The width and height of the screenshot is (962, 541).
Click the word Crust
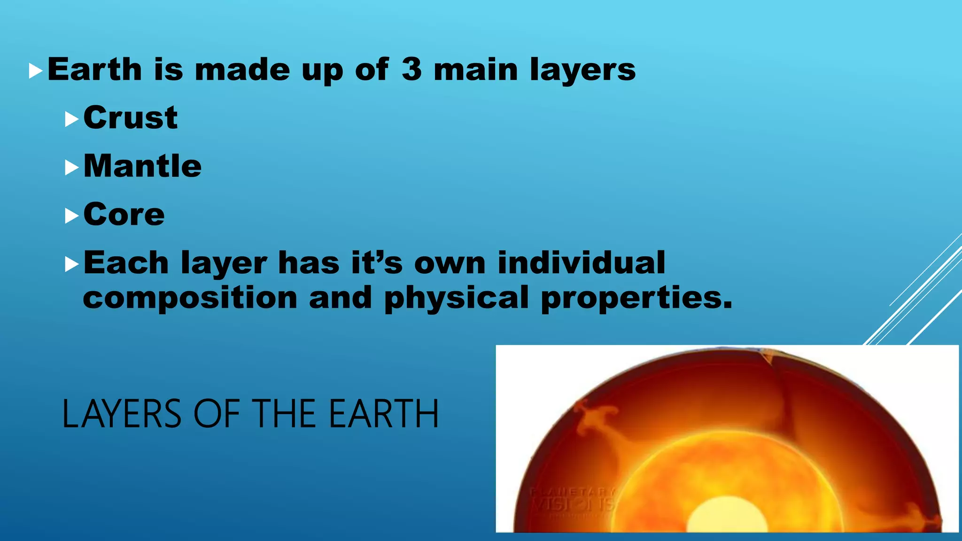(x=130, y=117)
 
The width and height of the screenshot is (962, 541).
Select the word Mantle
(x=142, y=166)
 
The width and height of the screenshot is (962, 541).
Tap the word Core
(x=124, y=215)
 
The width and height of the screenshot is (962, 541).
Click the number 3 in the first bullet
(x=411, y=70)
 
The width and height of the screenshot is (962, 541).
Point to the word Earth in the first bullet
(x=94, y=70)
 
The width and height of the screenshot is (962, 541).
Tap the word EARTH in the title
(x=383, y=414)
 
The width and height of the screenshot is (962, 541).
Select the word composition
(x=190, y=298)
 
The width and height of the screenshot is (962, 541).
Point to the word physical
(x=457, y=298)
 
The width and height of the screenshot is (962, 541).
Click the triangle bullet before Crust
(x=71, y=119)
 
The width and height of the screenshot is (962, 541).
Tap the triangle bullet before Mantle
(x=71, y=168)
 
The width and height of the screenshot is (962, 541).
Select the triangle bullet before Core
(x=71, y=216)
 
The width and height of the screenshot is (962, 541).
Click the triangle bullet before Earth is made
(x=36, y=71)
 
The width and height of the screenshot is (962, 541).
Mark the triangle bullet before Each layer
(x=71, y=264)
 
